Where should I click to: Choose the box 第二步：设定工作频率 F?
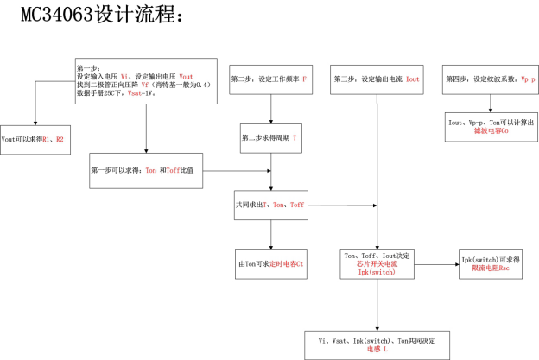272,79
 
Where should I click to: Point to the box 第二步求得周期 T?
272,137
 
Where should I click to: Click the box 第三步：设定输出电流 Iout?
377,79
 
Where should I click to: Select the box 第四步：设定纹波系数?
491,79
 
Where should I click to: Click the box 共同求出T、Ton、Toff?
272,205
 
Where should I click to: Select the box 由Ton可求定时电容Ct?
272,263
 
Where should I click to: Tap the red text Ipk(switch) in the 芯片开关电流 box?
377,272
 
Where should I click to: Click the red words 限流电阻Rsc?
491,268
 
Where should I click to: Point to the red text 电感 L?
377,350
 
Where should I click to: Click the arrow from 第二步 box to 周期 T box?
272,109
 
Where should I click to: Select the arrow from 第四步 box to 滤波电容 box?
491,104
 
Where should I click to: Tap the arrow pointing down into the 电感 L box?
377,307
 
